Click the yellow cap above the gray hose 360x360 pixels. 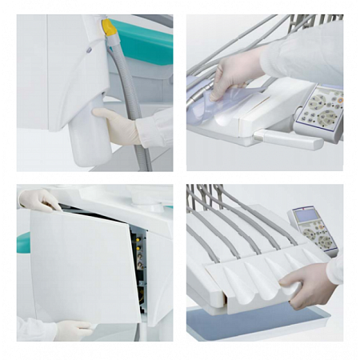click(109, 28)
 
